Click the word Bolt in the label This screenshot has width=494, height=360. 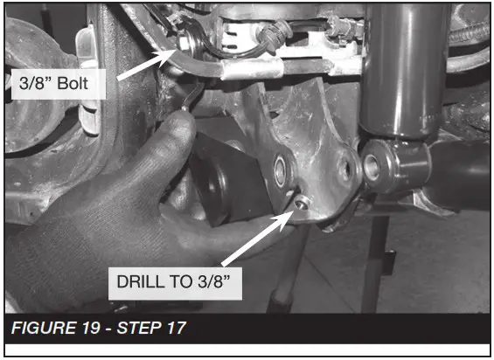point(73,84)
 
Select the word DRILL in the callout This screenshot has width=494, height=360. point(141,281)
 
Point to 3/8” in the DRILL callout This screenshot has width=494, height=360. point(214,281)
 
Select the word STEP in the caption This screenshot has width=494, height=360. point(139,328)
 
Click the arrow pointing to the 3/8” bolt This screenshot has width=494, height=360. point(147,65)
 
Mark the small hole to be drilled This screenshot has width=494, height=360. point(301,203)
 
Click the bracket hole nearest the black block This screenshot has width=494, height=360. point(280,170)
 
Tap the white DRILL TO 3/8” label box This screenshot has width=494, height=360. point(175,283)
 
